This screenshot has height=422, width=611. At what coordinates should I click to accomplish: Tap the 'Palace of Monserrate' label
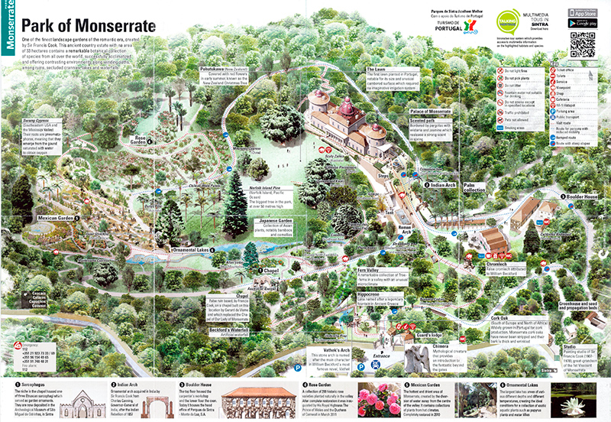click(429, 111)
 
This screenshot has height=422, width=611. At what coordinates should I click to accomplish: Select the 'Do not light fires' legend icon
click(499, 71)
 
